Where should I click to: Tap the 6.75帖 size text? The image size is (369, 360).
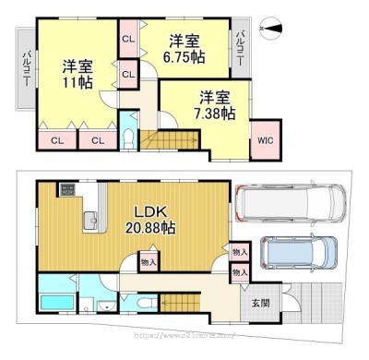[x=185, y=56]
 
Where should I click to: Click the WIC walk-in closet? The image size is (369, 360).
[x=265, y=140]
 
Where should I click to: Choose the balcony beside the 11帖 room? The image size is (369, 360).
[x=24, y=68]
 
